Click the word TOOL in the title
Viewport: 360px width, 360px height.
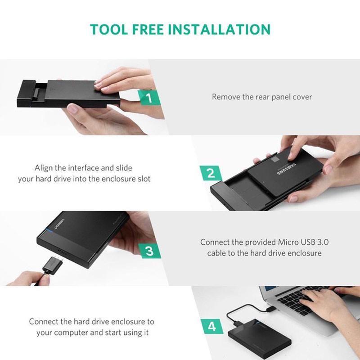pyautogui.click(x=108, y=29)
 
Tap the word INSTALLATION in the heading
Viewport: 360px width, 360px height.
pyautogui.click(x=219, y=29)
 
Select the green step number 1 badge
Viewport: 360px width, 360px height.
pyautogui.click(x=149, y=98)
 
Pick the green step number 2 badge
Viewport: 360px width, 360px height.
pyautogui.click(x=211, y=173)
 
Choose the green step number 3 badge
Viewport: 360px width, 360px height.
pyautogui.click(x=149, y=251)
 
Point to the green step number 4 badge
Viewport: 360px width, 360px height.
pyautogui.click(x=212, y=326)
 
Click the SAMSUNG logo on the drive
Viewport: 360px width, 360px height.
pyautogui.click(x=286, y=169)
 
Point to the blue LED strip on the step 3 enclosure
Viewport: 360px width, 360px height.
pyautogui.click(x=49, y=231)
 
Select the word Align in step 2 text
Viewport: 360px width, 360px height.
pyautogui.click(x=44, y=168)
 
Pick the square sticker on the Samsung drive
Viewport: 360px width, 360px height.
pyautogui.click(x=274, y=160)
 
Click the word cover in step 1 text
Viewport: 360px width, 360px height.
pyautogui.click(x=302, y=97)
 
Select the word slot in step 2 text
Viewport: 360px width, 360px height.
pyautogui.click(x=144, y=179)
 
